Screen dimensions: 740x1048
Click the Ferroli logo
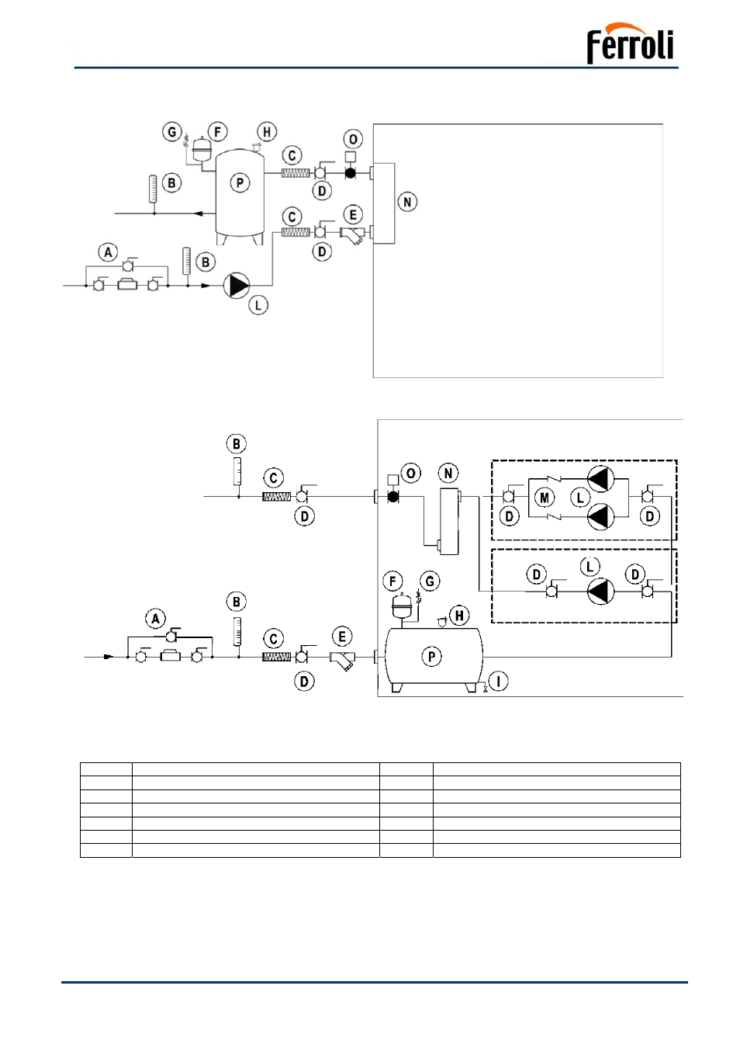[x=630, y=43]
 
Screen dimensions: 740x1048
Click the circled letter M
[x=544, y=498]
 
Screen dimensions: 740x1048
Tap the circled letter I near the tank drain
[x=498, y=682]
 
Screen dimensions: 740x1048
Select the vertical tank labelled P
[x=240, y=196]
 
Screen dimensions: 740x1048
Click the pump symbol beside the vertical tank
[x=237, y=286]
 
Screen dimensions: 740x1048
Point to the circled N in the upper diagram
[x=407, y=202]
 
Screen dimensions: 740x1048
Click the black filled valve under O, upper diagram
[x=350, y=173]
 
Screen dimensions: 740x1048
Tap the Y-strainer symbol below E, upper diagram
[x=351, y=235]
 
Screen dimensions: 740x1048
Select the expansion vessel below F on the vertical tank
[x=202, y=147]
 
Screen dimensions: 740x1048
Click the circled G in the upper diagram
[x=172, y=132]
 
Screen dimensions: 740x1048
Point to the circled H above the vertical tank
[x=267, y=132]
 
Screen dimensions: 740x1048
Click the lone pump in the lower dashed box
[x=600, y=592]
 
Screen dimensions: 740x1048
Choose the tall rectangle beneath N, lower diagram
[x=449, y=521]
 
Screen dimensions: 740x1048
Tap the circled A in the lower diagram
[x=156, y=619]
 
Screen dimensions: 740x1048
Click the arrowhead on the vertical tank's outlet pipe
[x=199, y=213]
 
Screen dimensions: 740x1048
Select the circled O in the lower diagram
[x=411, y=473]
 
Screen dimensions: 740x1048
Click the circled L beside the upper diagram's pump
[x=258, y=306]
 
